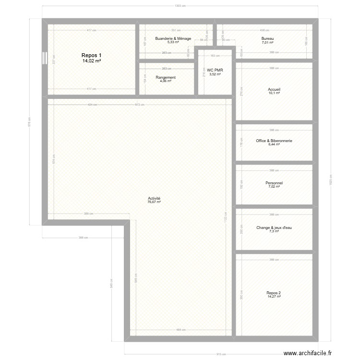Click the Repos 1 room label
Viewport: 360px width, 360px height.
pyautogui.click(x=91, y=55)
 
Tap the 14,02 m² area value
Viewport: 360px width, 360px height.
pyautogui.click(x=91, y=61)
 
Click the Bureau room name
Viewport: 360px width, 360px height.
pyautogui.click(x=268, y=38)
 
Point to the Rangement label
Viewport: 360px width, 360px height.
pyautogui.click(x=166, y=77)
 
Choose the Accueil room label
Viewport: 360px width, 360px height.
pyautogui.click(x=274, y=89)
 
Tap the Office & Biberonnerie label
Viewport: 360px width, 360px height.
pyautogui.click(x=274, y=141)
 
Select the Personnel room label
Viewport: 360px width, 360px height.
pyautogui.click(x=274, y=183)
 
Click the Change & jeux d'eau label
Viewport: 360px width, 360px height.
pyautogui.click(x=274, y=228)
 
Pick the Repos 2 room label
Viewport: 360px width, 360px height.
pyautogui.click(x=274, y=293)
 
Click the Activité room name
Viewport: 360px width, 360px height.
pyautogui.click(x=154, y=198)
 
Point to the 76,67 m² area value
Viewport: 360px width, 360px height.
pyautogui.click(x=154, y=202)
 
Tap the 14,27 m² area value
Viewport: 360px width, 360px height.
pyautogui.click(x=274, y=297)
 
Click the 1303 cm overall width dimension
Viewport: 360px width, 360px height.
pyautogui.click(x=180, y=6)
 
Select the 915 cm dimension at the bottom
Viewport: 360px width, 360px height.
pyautogui.click(x=221, y=354)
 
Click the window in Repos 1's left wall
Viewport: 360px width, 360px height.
pyautogui.click(x=44, y=58)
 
